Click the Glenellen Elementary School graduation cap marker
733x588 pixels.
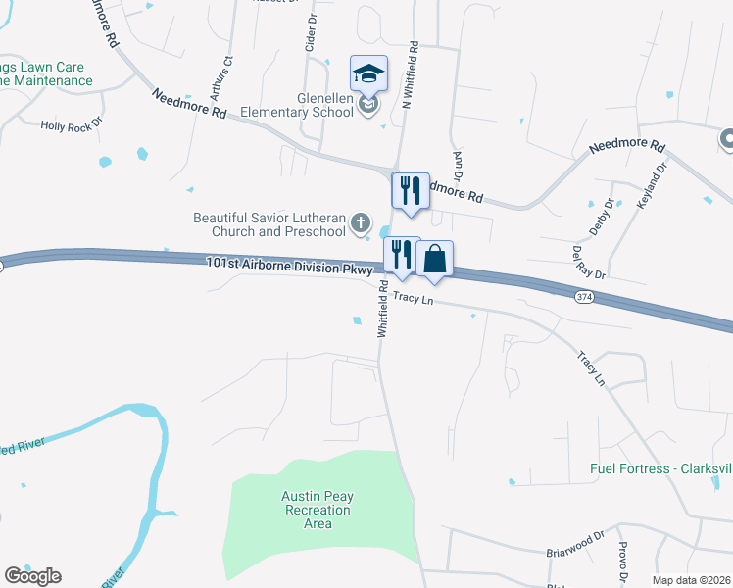tap(369, 73)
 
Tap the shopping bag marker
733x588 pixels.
tap(435, 259)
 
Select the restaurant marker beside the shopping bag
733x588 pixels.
tap(401, 255)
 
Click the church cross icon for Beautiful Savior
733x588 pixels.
tap(361, 222)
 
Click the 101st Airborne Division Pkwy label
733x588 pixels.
tap(290, 266)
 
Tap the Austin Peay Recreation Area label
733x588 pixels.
tap(318, 510)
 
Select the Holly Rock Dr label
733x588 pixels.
tap(71, 125)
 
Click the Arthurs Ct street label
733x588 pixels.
tap(228, 73)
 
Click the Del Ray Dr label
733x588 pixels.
tap(589, 263)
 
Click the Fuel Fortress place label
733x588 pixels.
tap(661, 467)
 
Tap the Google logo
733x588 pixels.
tap(32, 576)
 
